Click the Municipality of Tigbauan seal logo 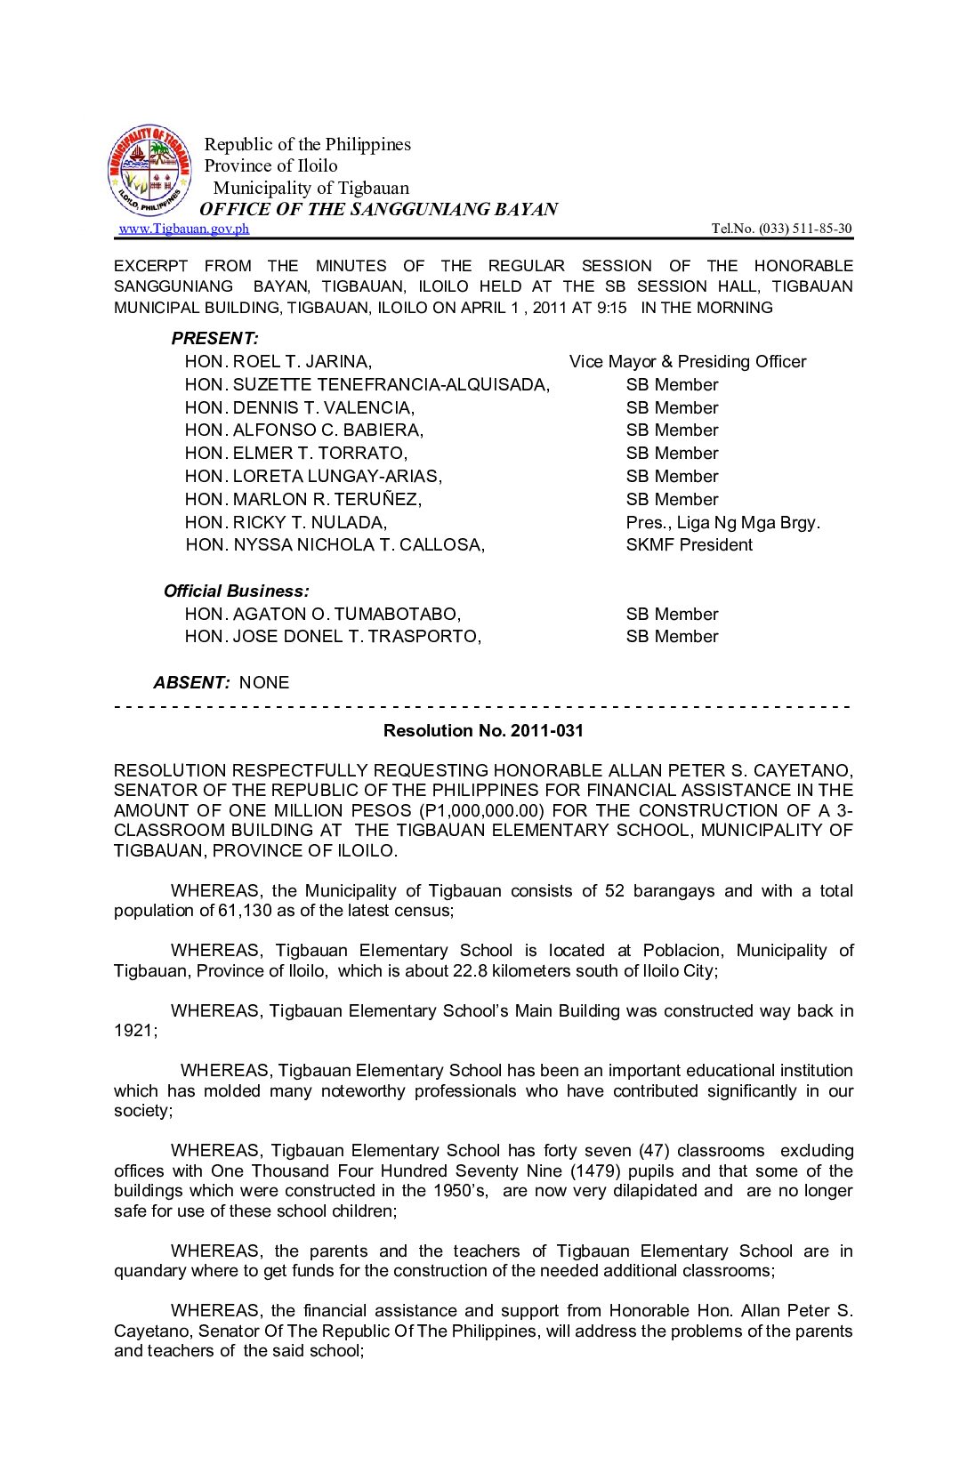(x=149, y=170)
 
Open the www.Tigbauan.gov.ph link (x=184, y=229)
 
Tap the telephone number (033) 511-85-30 (x=804, y=229)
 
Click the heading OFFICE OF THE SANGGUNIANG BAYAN (x=378, y=209)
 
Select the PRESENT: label (x=214, y=338)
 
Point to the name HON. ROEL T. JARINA (x=278, y=361)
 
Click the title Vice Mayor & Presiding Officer (x=687, y=361)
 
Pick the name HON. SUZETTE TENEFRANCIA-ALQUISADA (x=367, y=384)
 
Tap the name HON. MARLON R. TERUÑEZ (x=302, y=499)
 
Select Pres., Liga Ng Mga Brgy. (x=722, y=522)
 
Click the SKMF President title (x=689, y=544)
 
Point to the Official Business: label (x=237, y=591)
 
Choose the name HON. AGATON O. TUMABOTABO (x=322, y=614)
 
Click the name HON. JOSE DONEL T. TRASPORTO (x=332, y=636)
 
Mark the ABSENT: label (x=191, y=682)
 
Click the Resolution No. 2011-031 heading (x=483, y=730)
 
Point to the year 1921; (x=135, y=1030)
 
